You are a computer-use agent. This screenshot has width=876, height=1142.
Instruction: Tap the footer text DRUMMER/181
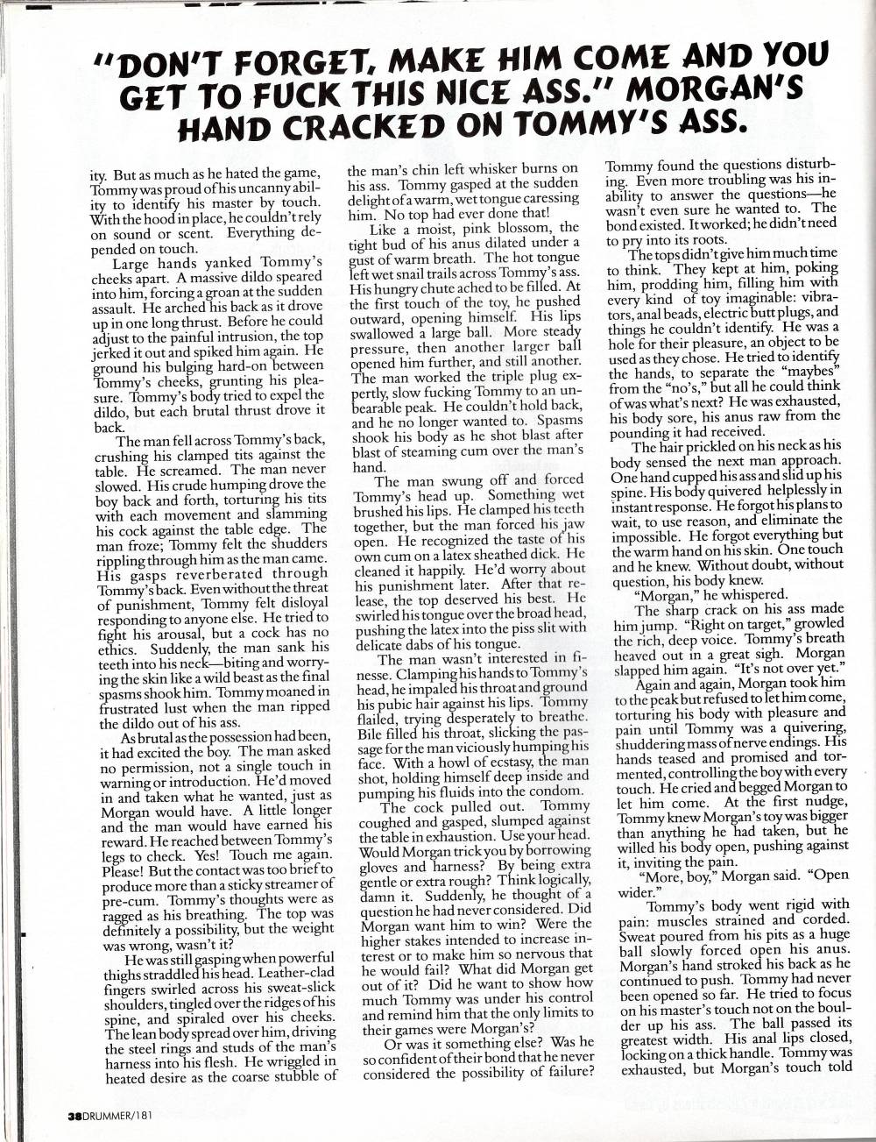point(114,1115)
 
